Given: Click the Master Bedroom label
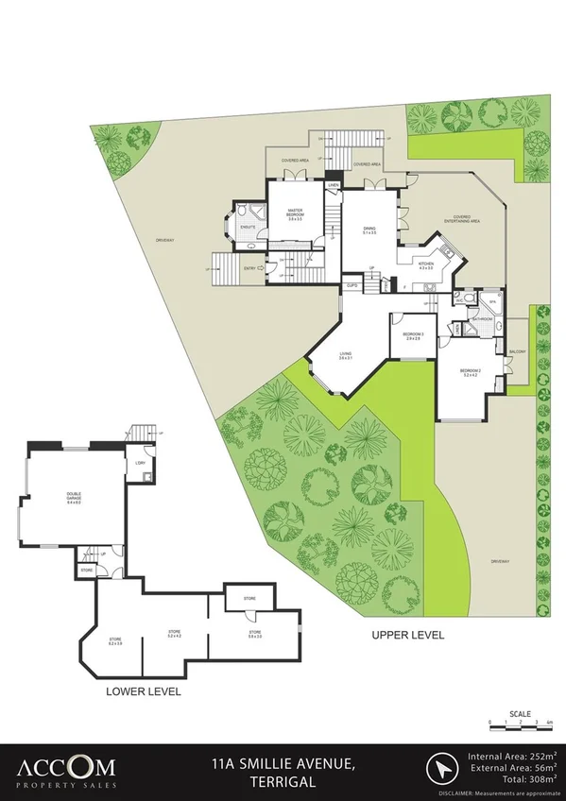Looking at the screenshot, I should pos(294,215).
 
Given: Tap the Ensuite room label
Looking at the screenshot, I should pos(248,228).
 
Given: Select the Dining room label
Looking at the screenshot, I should pos(370,229).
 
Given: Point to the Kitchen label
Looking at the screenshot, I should pos(426,265).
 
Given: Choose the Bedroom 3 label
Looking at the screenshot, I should pos(413,335).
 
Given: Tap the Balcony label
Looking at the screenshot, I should pos(517,352).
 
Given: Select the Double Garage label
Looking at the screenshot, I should pos(73,500).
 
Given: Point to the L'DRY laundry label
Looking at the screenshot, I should pos(139,463).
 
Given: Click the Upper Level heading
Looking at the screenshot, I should pos(407,635).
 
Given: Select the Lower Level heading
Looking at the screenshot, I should pos(144,691).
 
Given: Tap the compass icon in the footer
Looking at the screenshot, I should pos(441,766).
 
